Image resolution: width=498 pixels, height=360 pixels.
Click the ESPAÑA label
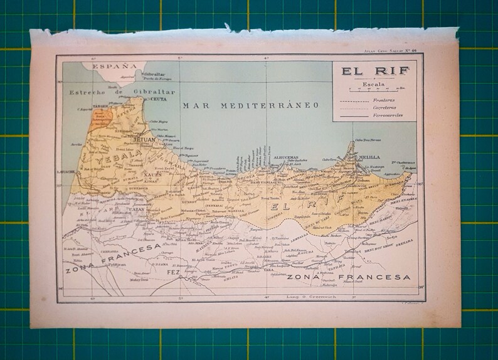[x=114, y=65]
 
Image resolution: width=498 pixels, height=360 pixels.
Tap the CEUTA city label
[x=159, y=98]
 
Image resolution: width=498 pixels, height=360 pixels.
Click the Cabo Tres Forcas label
[x=369, y=140]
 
